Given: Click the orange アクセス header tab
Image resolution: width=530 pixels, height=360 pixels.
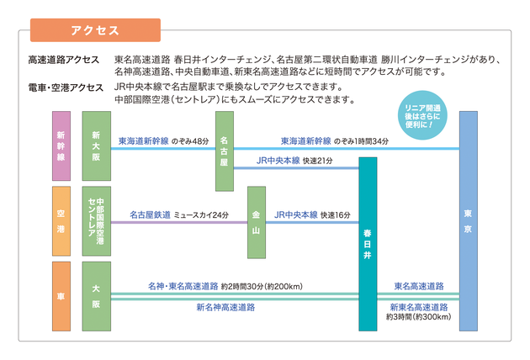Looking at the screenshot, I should (x=94, y=30).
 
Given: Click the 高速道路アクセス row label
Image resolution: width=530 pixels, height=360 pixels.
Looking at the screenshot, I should (x=63, y=61).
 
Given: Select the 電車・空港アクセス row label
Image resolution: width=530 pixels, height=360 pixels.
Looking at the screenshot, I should (x=66, y=87).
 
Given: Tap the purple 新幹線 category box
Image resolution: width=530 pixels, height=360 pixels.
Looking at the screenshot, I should (x=61, y=145).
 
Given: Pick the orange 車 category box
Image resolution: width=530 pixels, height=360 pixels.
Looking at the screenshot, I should (x=61, y=295).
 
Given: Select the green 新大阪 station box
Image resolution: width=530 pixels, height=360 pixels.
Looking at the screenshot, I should (x=95, y=145).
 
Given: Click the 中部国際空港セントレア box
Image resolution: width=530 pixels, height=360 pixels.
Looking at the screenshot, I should (x=95, y=221).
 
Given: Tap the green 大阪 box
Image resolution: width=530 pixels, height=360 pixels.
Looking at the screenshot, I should (x=95, y=295).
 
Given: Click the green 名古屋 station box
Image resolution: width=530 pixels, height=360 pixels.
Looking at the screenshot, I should (x=225, y=151).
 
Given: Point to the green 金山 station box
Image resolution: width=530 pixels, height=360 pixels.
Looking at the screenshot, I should (x=256, y=222).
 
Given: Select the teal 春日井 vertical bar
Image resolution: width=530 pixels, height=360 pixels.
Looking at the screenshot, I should (x=368, y=243).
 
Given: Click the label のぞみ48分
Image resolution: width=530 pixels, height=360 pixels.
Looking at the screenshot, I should (x=189, y=141).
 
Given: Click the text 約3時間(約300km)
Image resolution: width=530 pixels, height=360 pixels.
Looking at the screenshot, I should (x=419, y=318).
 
